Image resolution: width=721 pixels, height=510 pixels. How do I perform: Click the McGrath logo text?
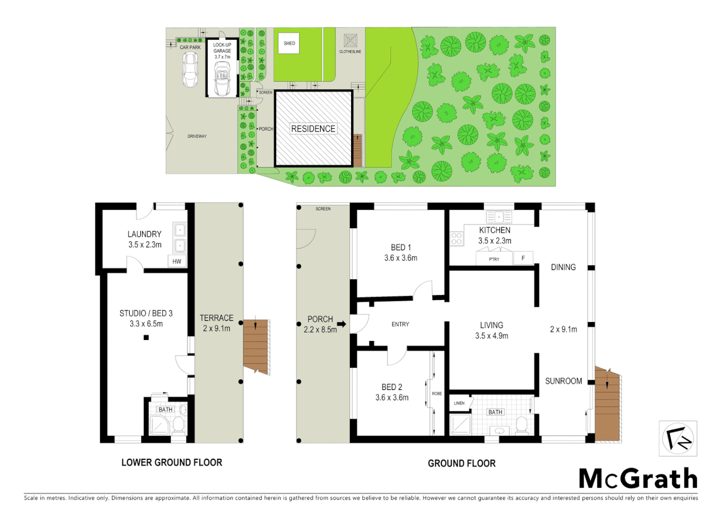637,479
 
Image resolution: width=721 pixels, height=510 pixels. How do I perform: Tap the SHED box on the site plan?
289,43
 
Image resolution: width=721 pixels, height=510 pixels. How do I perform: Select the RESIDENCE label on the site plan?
313,129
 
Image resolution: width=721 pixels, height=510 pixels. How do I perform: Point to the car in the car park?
190,69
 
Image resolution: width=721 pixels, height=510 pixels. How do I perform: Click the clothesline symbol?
350,40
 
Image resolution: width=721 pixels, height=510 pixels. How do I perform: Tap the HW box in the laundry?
177,261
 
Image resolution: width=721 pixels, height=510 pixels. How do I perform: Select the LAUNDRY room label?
144,234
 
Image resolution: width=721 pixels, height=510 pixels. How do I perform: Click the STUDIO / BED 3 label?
146,314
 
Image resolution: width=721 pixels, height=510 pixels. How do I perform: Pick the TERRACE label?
217,318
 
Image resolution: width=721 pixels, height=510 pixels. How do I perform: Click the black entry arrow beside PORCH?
342,324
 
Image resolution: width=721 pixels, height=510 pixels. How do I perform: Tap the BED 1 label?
401,247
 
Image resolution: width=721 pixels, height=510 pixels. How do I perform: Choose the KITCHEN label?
495,230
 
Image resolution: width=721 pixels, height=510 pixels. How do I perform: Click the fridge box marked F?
523,258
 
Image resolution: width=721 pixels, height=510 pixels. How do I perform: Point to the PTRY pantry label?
494,259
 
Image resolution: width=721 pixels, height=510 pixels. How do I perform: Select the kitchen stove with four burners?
456,238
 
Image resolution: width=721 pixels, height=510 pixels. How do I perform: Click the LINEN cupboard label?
459,403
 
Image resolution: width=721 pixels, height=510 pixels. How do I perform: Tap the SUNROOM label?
563,381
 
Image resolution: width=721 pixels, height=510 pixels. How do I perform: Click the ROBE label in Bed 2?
437,393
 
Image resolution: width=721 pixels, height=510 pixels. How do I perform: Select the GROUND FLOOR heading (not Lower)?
461,463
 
